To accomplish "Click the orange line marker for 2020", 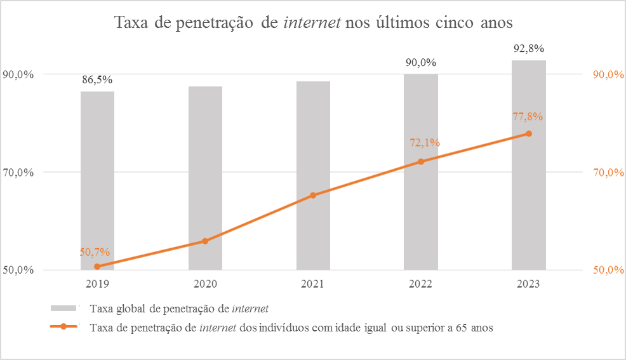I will [205, 241].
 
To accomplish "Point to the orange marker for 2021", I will [313, 196].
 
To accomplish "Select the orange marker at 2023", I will [529, 133].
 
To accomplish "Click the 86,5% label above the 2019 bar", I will [97, 80].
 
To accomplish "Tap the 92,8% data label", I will [529, 48].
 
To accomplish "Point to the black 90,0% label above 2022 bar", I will [421, 62].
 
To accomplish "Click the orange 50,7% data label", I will [95, 252].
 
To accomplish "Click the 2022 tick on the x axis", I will [421, 284].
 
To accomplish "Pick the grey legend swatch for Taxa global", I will [63, 309].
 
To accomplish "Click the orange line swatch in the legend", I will [63, 328].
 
